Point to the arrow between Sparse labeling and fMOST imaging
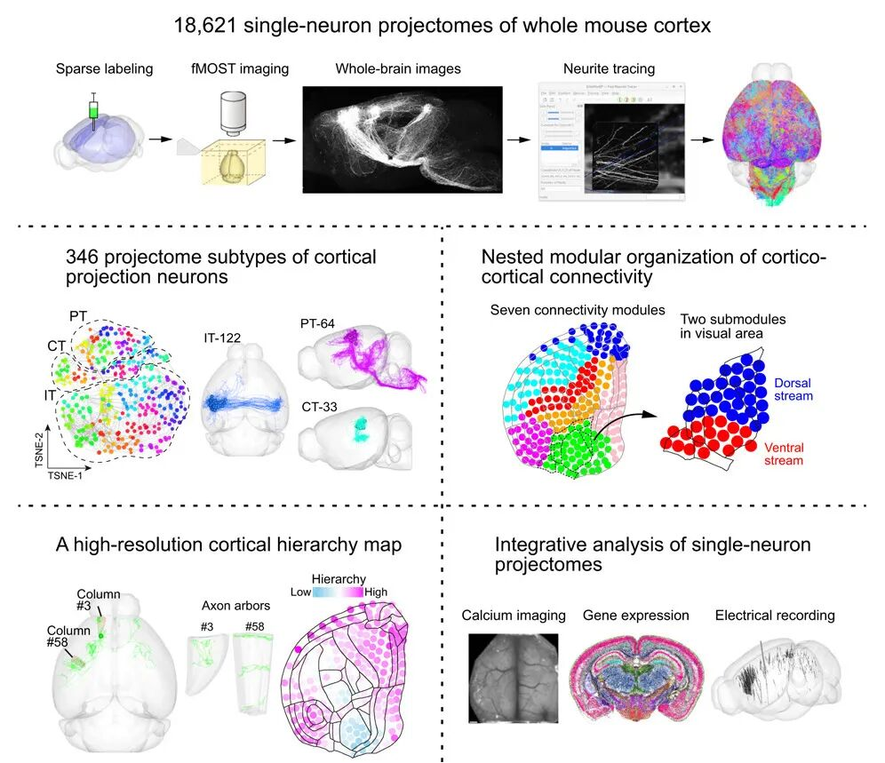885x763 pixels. click(x=159, y=139)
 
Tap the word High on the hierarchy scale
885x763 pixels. click(x=376, y=591)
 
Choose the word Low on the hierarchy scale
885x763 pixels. click(x=301, y=591)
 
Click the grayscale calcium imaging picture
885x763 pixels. click(x=513, y=676)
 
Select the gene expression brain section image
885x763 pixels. click(x=634, y=679)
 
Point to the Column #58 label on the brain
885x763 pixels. click(x=69, y=636)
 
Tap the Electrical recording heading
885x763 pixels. click(x=774, y=615)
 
